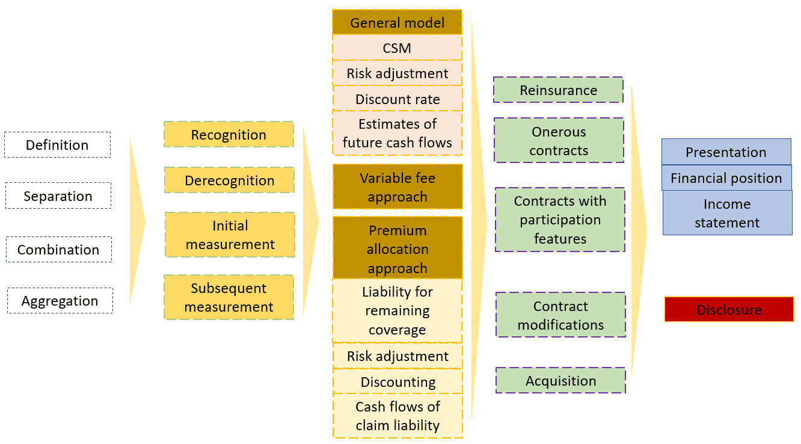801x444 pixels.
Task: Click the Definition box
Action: point(57,145)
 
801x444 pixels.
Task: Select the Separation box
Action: point(58,196)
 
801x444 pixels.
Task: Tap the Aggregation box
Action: point(60,301)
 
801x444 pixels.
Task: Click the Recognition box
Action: point(229,135)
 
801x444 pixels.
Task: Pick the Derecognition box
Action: point(229,180)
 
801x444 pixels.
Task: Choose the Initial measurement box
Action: point(230,235)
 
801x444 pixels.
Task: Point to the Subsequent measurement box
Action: point(229,297)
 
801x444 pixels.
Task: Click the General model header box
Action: point(397,23)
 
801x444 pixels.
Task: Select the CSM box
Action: point(397,48)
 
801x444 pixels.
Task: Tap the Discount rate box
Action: point(397,99)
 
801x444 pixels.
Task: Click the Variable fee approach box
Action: point(397,187)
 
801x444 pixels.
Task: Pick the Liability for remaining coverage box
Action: point(397,310)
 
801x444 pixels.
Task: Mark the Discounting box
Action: point(397,381)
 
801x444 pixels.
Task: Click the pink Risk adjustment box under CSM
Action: point(397,73)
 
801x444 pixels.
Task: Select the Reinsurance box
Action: point(558,90)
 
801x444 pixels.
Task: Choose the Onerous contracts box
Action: point(559,141)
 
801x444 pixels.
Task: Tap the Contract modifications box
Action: point(560,315)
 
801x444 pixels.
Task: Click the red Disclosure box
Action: point(729,310)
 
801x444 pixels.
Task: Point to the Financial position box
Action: point(726,178)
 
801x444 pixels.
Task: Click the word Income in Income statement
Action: point(726,204)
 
